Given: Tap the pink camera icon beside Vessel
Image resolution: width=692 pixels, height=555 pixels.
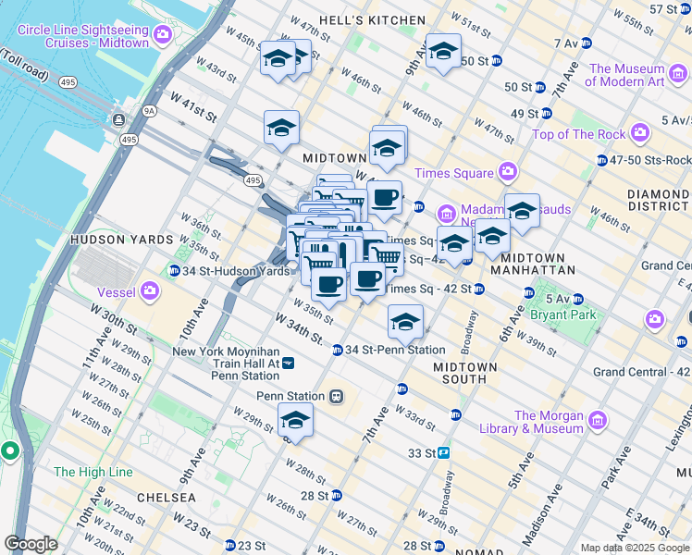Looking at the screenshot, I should click(x=149, y=293).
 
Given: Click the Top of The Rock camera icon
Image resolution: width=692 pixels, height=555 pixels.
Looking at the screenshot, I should click(x=639, y=134).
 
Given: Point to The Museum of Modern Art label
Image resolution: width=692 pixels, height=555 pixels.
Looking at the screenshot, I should click(x=626, y=75).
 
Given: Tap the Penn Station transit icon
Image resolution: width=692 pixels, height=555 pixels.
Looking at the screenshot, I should click(x=337, y=396).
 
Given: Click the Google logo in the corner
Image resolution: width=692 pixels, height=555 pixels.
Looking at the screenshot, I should click(x=31, y=544).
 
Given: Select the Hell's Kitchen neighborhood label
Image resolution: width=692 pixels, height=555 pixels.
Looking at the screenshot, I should click(x=372, y=20).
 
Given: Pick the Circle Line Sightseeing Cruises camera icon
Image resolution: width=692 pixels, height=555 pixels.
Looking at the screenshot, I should click(x=164, y=35).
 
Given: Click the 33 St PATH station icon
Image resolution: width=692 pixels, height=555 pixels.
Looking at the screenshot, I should click(x=444, y=453).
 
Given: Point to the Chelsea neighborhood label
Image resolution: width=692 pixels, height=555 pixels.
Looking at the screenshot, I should click(x=167, y=498).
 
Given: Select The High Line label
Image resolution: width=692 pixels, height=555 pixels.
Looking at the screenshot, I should click(x=93, y=472).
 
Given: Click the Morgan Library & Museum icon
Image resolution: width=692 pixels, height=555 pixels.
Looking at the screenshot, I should click(x=597, y=422).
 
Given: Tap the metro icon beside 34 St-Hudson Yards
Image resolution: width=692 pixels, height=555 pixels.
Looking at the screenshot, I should click(x=173, y=271).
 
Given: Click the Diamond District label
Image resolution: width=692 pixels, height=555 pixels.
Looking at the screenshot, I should click(x=658, y=201).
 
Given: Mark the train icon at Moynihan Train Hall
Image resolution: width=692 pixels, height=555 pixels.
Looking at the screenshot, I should click(x=289, y=363).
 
